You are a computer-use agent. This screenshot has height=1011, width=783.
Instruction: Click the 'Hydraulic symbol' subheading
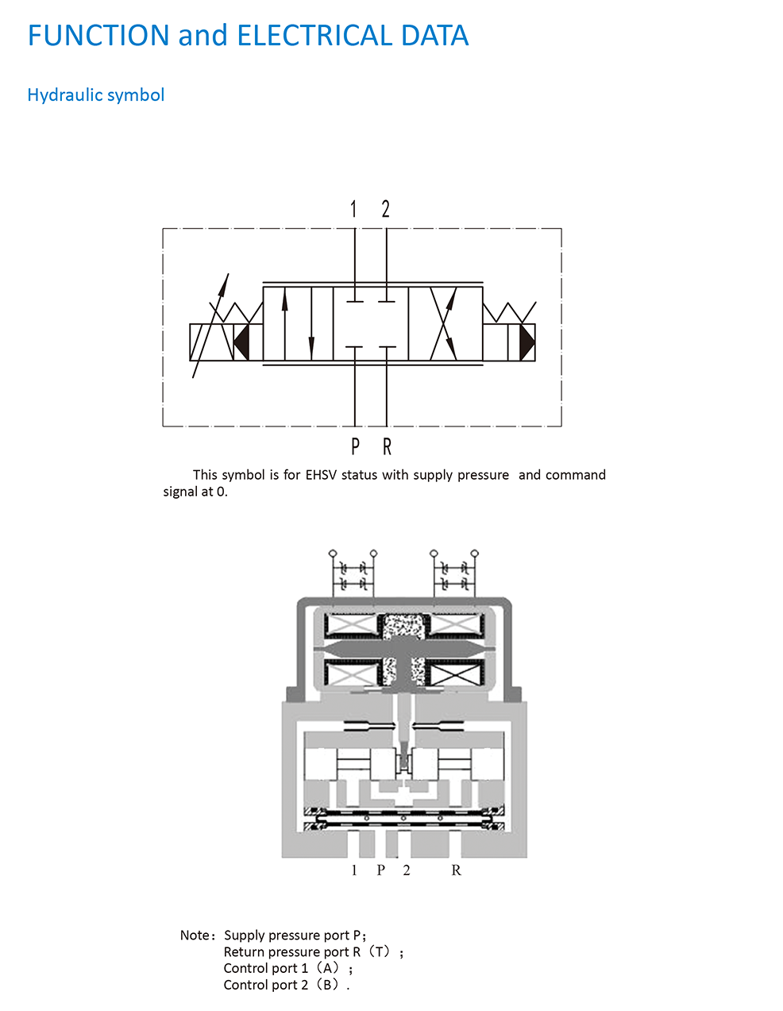(96, 95)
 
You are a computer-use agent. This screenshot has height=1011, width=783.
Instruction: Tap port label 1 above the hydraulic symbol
(353, 209)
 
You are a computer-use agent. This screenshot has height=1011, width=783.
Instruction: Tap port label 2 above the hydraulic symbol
(385, 209)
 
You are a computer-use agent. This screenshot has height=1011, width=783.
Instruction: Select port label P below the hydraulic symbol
(355, 446)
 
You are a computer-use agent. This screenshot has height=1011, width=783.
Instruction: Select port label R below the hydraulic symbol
(387, 446)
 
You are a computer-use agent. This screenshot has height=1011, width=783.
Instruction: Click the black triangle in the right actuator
(527, 342)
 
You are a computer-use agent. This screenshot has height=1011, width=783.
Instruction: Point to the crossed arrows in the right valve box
(444, 323)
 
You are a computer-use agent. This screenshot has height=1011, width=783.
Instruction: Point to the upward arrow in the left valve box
(284, 323)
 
